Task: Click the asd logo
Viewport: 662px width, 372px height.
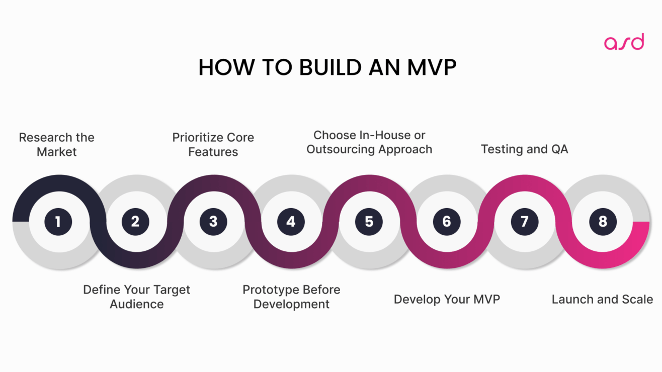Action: click(624, 42)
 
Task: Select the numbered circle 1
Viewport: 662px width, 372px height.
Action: click(58, 222)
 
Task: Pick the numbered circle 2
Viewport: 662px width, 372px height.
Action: click(135, 222)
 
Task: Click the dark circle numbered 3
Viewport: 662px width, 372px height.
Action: click(213, 222)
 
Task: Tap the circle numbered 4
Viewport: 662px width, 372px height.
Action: click(291, 222)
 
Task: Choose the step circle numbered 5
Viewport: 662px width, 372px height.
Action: click(369, 222)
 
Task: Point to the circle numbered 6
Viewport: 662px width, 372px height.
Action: click(447, 222)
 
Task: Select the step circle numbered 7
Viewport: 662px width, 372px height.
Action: click(525, 222)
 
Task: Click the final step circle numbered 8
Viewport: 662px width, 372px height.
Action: click(602, 222)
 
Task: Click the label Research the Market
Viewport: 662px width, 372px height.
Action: click(57, 145)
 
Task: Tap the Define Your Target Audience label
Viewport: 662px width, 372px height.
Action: click(137, 297)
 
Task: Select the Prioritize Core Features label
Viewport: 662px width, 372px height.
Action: click(213, 145)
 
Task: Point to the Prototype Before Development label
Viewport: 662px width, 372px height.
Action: click(291, 297)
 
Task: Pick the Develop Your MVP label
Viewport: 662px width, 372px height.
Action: click(447, 300)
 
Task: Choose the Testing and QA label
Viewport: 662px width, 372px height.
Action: click(525, 149)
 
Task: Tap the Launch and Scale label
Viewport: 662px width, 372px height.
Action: click(602, 300)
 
